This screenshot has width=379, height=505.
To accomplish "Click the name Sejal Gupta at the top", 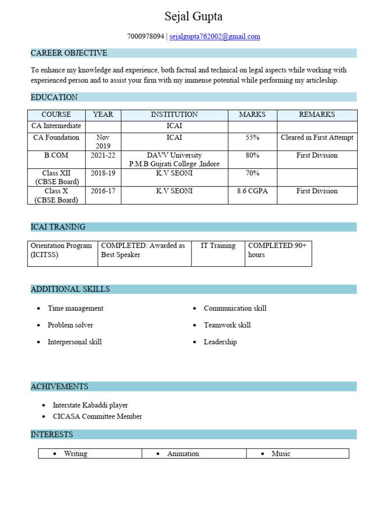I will coord(193,17).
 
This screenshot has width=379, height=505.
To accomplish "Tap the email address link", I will coord(215,36).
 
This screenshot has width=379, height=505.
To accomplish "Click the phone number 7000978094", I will coord(146,36).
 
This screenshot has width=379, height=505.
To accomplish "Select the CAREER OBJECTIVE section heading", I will coord(69,53).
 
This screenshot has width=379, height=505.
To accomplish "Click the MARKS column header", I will coord(252,114).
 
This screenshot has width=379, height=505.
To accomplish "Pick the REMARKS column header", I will coord(317,114).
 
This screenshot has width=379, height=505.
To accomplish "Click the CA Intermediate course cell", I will coord(56,126).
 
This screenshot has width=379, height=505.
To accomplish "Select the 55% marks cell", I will coord(252,138).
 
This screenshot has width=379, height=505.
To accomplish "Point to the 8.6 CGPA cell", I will coord(252,191).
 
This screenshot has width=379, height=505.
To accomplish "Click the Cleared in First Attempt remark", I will coord(317,138).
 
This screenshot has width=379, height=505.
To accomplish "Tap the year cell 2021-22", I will coord(103,155).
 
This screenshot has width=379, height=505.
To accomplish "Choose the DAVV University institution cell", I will coord(174,159).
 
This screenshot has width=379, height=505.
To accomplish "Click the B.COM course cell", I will coord(56,155).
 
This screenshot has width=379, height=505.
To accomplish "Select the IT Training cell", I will coord(218,246).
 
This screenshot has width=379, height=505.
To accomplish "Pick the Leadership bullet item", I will coord(220,342).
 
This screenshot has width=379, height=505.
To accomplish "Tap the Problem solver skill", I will coord(70,325).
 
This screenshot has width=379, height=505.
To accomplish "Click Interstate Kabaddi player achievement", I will coord(90,405).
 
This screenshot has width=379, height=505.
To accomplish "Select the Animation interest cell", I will coord(183,454).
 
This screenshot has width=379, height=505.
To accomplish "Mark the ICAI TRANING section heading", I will coord(58,227).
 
